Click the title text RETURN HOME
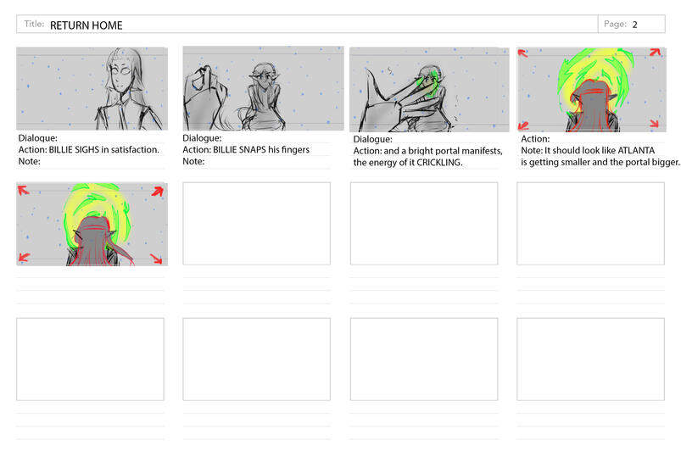coord(86,25)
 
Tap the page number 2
coord(634,25)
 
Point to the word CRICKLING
coord(439,163)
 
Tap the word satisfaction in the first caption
coord(135,150)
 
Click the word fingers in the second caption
coord(295,150)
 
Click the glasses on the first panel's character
coord(119,70)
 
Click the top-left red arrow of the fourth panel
coord(523,53)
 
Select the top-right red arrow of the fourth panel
coord(655,53)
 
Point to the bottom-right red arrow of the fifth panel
coord(156,259)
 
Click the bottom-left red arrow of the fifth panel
coord(24,258)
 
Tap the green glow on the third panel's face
coord(426,85)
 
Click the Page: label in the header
coord(615,25)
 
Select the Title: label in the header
coord(34,24)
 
